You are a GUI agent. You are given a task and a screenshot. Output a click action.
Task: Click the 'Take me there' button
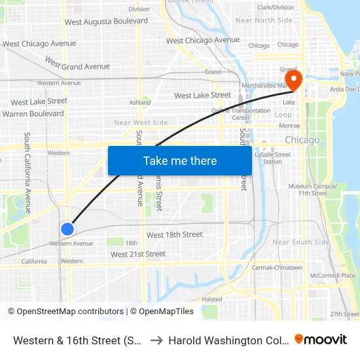coord(180,161)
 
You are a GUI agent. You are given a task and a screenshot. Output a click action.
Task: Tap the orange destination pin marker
coord(294,81)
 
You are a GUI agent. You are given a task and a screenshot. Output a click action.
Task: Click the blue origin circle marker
coord(67,228)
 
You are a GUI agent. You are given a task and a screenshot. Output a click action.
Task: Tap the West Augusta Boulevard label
coord(106,22)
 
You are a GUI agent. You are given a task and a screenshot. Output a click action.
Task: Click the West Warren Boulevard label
coord(34,114)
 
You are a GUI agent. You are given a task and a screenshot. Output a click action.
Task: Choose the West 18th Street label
coord(174,235)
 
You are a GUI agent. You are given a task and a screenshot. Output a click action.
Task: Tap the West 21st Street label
coord(138,255)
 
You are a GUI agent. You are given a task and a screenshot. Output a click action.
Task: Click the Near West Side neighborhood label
coord(141,122)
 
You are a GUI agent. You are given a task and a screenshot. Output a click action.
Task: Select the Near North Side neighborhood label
coord(264,20)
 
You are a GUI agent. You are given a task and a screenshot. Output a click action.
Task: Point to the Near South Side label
coord(300,242)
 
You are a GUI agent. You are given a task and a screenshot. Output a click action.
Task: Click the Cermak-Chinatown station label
coord(278,268)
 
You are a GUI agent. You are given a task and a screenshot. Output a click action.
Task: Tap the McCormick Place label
coord(333,276)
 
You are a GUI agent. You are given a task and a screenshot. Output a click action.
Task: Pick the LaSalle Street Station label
coord(272,158)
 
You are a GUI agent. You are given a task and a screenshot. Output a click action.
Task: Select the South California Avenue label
coord(27,173)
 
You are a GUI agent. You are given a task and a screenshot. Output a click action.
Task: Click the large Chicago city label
coord(302,140)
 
